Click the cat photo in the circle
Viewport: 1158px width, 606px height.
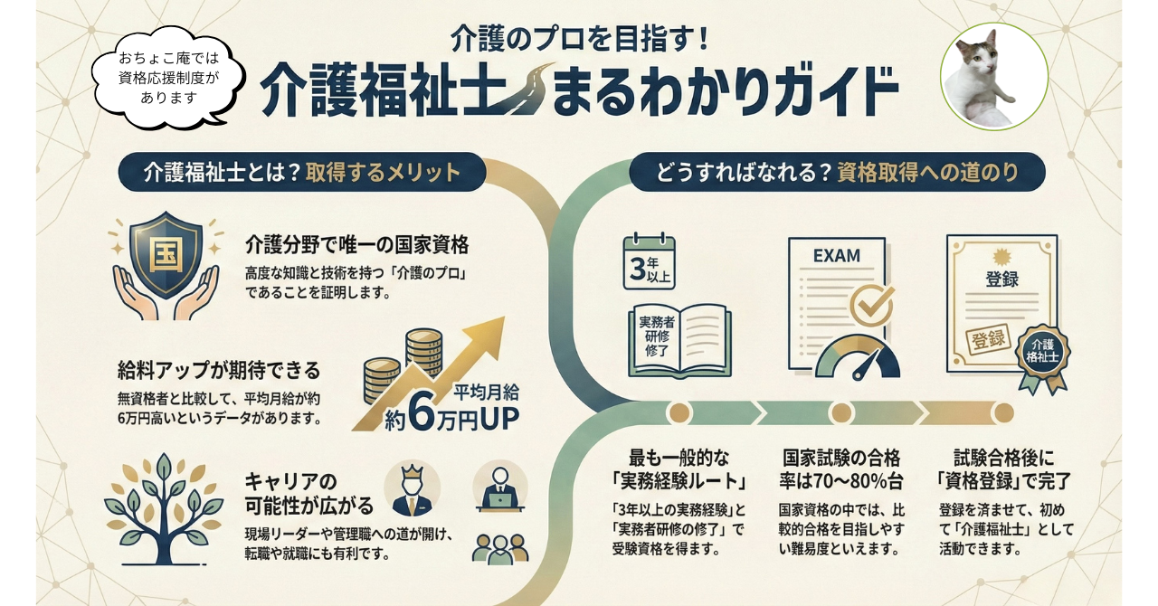tap(993, 76)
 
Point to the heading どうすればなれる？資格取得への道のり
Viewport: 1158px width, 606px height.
tap(837, 172)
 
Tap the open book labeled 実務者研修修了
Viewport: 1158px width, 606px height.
tap(679, 338)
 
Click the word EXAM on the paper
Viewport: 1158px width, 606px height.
tap(836, 256)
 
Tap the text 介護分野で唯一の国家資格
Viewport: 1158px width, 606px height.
tap(356, 245)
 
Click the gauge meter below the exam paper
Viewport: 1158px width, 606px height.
tap(858, 358)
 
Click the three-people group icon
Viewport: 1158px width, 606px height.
tap(500, 546)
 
